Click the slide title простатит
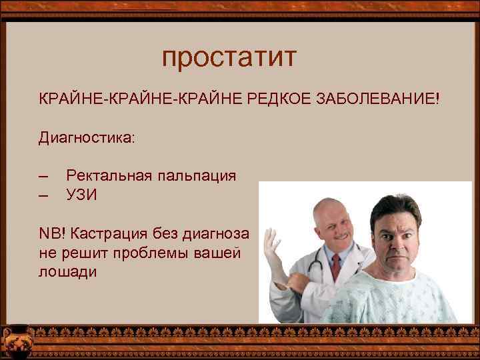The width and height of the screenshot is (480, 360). click(x=228, y=58)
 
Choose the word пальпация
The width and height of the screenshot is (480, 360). click(x=197, y=176)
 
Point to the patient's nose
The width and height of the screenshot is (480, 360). click(x=388, y=239)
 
